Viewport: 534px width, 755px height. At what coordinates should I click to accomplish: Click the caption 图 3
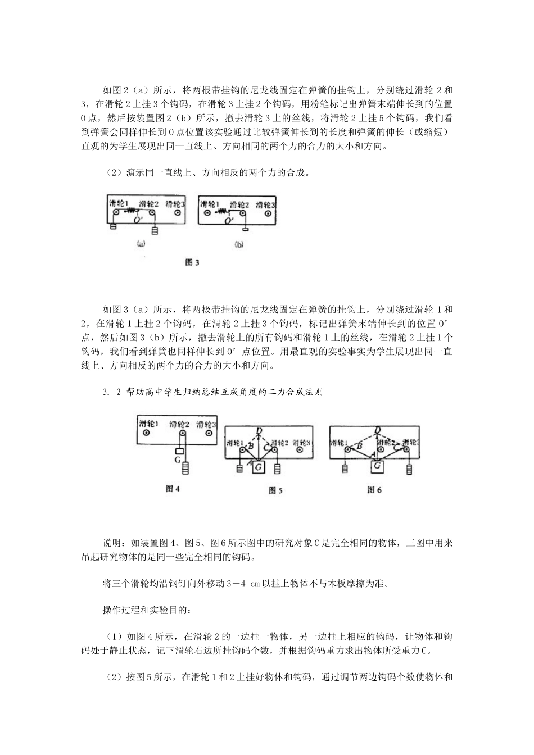pyautogui.click(x=193, y=262)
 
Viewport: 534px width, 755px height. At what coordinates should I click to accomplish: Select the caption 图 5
pyautogui.click(x=275, y=491)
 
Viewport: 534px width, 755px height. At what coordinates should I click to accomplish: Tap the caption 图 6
pyautogui.click(x=374, y=490)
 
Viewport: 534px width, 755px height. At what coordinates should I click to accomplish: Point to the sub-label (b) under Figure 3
pyautogui.click(x=239, y=245)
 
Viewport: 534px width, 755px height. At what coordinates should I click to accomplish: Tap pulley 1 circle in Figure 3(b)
pyautogui.click(x=207, y=213)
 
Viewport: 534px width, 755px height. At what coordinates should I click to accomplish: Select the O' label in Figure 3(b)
pyautogui.click(x=229, y=222)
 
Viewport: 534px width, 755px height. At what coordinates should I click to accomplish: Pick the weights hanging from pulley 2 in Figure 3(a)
pyautogui.click(x=155, y=230)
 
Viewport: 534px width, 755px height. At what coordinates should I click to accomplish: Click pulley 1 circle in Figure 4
pyautogui.click(x=147, y=434)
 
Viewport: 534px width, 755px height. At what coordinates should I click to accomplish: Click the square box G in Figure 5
pyautogui.click(x=259, y=466)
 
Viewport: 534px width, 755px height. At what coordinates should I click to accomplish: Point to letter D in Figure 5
pyautogui.click(x=259, y=431)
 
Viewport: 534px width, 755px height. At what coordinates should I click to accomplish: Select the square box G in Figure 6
pyautogui.click(x=378, y=466)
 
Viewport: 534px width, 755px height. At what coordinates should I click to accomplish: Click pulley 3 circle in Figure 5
pyautogui.click(x=300, y=449)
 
